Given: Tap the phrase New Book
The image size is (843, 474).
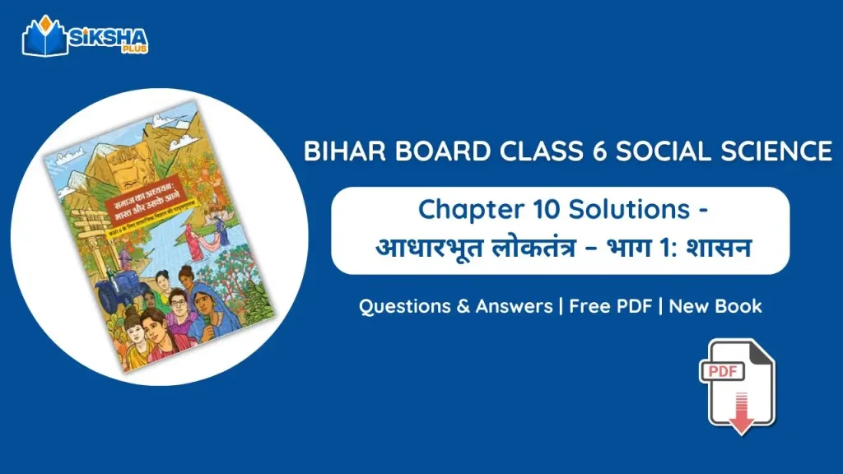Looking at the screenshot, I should pos(715,306).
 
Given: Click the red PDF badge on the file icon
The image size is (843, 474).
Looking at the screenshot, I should pos(722,372).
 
